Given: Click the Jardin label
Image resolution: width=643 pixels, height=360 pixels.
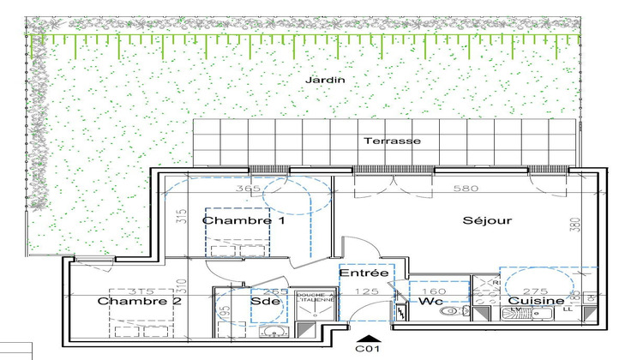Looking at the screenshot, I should pyautogui.click(x=324, y=80).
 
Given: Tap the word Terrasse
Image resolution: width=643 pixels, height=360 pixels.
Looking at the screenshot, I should pyautogui.click(x=391, y=141).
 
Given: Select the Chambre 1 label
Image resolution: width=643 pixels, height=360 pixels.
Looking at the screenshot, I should pyautogui.click(x=231, y=220).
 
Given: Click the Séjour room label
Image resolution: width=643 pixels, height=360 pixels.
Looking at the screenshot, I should pyautogui.click(x=487, y=220).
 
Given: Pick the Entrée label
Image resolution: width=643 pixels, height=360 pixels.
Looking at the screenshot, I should pyautogui.click(x=364, y=273).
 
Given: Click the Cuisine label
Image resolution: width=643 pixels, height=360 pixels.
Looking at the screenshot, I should pyautogui.click(x=537, y=301).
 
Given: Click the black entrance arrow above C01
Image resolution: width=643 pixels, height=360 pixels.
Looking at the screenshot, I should pyautogui.click(x=369, y=338).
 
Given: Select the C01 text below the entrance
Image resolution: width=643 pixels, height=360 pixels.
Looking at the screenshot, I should pyautogui.click(x=369, y=351).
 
